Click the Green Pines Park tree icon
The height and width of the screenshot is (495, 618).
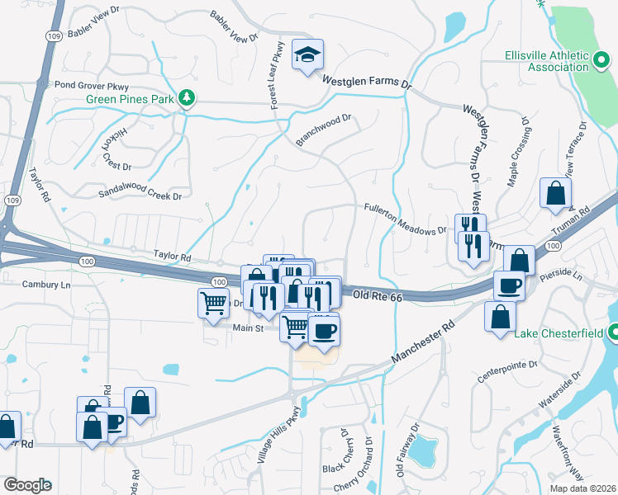(x=188, y=99)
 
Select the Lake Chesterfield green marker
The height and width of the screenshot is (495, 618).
(x=612, y=332)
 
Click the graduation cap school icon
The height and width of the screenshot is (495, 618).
(x=308, y=54)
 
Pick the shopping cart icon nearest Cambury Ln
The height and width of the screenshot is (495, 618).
(x=213, y=303)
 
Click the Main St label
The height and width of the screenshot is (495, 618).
(x=247, y=328)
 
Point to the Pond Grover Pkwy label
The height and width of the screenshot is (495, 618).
(x=93, y=85)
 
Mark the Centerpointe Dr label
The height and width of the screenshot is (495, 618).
(x=507, y=370)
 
